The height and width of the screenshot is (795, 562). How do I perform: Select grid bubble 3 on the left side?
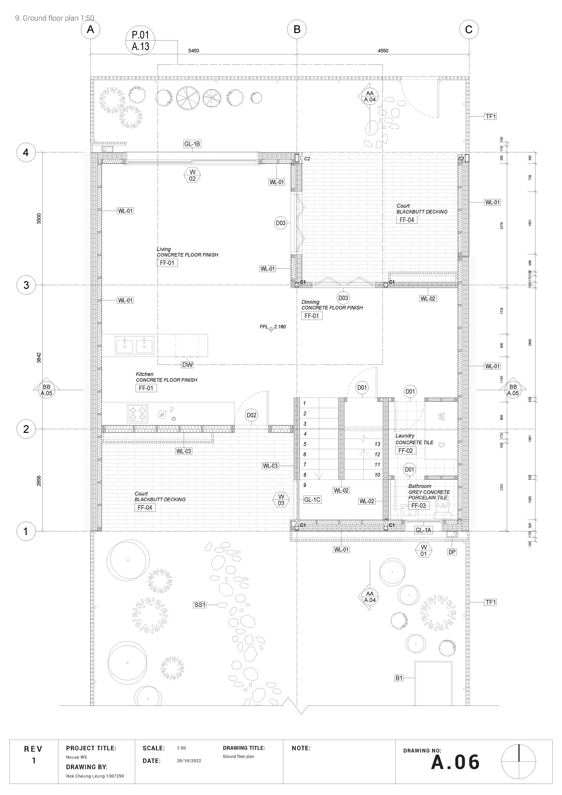(x=26, y=285)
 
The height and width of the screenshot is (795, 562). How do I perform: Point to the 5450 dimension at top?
(x=193, y=50)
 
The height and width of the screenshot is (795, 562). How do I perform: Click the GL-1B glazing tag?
(x=192, y=144)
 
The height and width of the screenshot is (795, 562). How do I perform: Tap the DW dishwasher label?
(x=187, y=365)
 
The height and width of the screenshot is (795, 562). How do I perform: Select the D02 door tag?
(x=252, y=415)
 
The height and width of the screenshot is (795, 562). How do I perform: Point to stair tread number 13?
(x=377, y=444)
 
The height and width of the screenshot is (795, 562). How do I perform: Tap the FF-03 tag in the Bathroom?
(x=418, y=506)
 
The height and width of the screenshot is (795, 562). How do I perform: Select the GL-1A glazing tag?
(x=423, y=530)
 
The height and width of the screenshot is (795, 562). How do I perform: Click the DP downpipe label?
(x=452, y=552)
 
